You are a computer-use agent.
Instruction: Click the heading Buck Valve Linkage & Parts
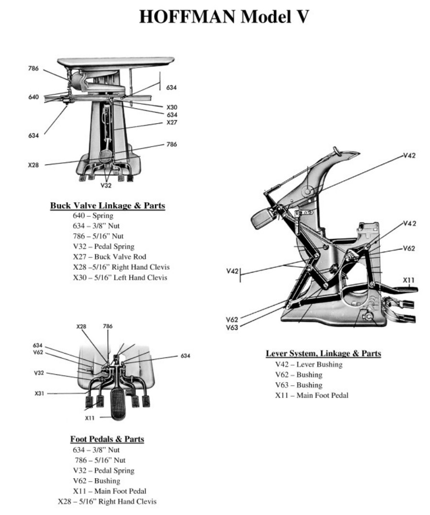[x=108, y=206]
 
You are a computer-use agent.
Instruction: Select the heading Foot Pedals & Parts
[x=107, y=439]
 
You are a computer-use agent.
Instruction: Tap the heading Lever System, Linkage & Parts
[x=323, y=354]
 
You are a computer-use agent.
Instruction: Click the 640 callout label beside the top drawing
[x=33, y=97]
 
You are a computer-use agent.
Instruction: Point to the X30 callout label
[x=171, y=107]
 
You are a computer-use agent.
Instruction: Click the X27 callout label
[x=171, y=122]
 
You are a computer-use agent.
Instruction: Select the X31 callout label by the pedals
[x=40, y=393]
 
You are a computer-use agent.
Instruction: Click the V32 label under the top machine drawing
[x=106, y=185]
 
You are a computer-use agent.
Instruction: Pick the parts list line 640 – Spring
[x=93, y=216]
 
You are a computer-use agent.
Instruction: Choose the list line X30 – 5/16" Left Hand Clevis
[x=120, y=278]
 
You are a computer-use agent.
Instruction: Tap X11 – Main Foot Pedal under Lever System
[x=311, y=395]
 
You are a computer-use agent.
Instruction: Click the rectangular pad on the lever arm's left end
[x=262, y=219]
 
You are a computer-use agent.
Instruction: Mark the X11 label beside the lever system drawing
[x=408, y=280]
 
